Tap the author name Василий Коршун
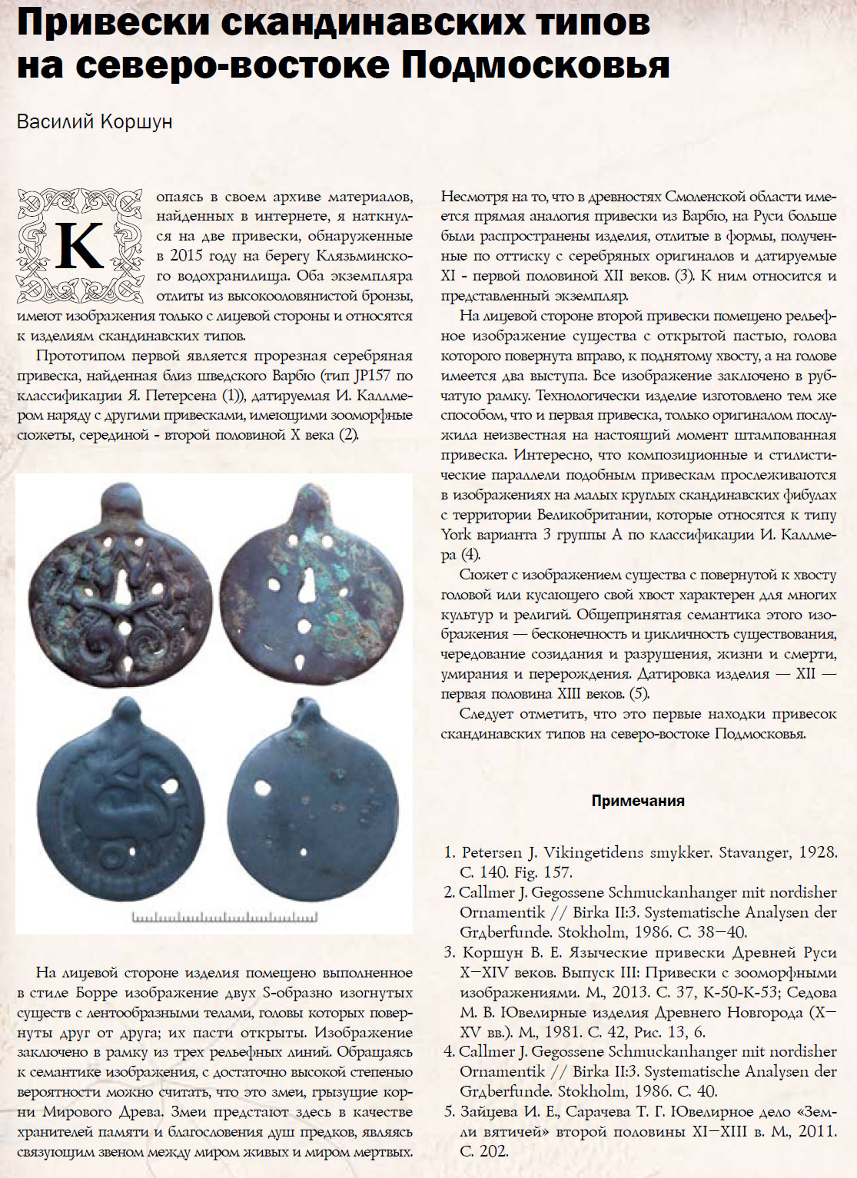(x=95, y=122)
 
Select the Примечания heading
(x=638, y=801)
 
